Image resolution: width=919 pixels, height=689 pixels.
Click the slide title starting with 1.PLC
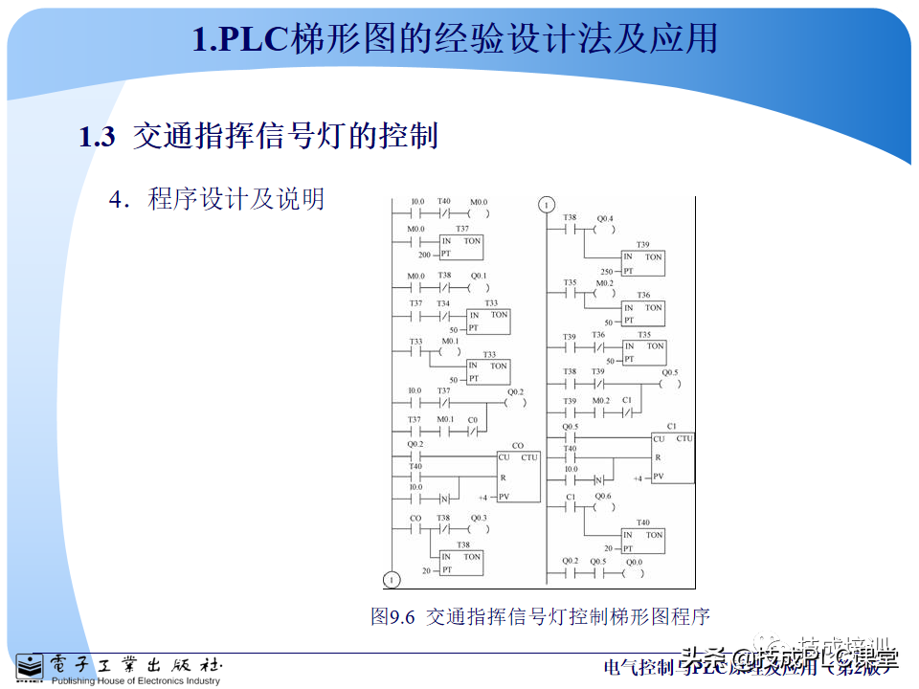tap(455, 39)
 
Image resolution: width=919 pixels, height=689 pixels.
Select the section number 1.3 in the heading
tap(97, 137)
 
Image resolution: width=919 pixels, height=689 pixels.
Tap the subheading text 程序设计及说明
tap(235, 199)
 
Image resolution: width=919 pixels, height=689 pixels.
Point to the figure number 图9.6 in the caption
tap(392, 616)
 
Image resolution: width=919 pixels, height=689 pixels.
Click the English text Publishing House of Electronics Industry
tap(136, 681)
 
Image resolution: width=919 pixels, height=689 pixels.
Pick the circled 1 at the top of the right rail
tap(546, 205)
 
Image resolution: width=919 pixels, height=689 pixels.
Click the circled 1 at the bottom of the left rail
tap(391, 578)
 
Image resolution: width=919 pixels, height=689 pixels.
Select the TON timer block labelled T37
tap(461, 247)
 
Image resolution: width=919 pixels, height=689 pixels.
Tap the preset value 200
tap(424, 255)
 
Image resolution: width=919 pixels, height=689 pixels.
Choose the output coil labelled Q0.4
tap(604, 231)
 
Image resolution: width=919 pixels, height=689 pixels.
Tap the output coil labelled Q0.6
tap(602, 508)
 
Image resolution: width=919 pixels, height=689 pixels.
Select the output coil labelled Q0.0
tap(635, 574)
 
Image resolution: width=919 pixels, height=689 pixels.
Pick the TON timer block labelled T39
tap(642, 263)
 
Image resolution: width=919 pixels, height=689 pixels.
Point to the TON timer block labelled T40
tap(642, 541)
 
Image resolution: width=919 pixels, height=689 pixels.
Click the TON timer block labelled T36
tap(642, 313)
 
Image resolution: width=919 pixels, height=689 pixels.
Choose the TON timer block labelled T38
tap(461, 563)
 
